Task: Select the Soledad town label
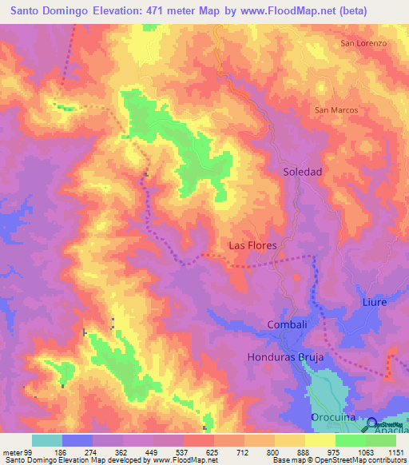303,172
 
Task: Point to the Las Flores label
252,245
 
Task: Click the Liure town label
374,302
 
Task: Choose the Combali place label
287,324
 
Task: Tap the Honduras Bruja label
285,357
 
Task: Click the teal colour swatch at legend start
47,440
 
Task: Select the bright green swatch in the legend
351,440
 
